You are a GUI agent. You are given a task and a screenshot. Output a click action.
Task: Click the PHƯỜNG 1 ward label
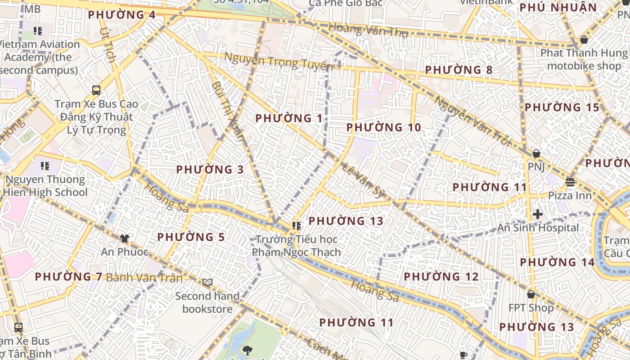point(289,118)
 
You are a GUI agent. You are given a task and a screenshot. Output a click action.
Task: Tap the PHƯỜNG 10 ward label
point(383,127)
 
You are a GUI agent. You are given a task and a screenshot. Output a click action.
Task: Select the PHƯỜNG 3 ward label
point(210,170)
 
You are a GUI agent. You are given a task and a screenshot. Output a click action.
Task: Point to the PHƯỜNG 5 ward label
point(191,237)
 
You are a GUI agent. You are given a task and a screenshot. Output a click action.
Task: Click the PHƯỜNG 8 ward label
point(459,70)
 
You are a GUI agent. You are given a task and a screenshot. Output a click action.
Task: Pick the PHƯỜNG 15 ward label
point(562,108)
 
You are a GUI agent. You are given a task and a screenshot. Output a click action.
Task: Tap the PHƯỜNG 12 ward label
point(441,277)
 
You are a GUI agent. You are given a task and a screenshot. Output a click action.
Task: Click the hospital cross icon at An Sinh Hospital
point(537,214)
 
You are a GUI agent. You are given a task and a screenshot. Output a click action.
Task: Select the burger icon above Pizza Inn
point(570,182)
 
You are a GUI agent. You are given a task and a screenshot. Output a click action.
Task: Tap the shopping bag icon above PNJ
point(536,153)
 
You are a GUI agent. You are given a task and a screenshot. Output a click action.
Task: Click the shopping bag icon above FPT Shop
point(531,294)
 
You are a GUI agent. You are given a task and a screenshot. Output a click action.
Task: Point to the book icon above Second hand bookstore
point(207,282)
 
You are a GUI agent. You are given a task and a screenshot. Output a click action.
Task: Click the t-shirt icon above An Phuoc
point(125,238)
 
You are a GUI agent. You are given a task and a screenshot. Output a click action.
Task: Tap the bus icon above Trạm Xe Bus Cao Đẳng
point(96,90)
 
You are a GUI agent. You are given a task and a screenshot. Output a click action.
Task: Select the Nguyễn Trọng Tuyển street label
point(278,62)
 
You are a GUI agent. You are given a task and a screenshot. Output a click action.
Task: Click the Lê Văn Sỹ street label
point(362,180)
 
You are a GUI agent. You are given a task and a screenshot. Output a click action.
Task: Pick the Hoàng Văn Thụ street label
point(368,30)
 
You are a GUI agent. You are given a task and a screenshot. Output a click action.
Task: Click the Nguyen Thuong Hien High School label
point(45,185)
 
